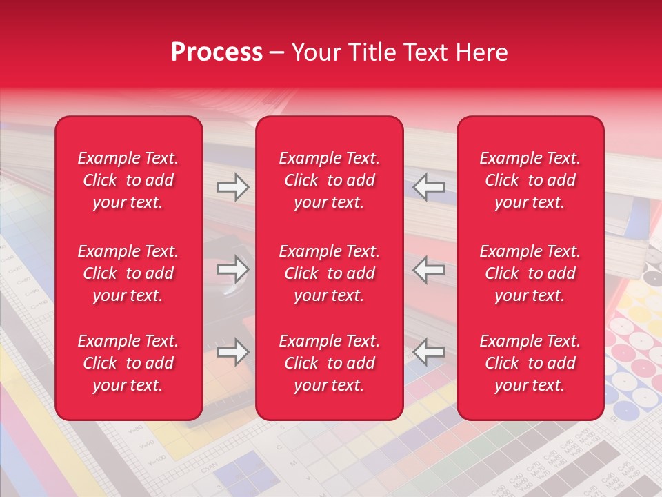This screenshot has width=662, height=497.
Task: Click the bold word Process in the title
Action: tap(217, 52)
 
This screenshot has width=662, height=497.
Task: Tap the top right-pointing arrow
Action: tap(232, 187)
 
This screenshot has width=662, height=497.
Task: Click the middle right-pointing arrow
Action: tap(232, 269)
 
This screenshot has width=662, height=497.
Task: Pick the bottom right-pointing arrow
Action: tap(232, 352)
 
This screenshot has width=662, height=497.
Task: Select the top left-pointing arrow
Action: tap(428, 187)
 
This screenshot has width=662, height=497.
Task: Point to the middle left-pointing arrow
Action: tap(428, 269)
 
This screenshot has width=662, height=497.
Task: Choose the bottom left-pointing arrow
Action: tap(428, 352)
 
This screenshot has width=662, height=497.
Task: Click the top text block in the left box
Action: tap(128, 180)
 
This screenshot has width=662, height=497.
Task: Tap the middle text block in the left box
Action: tap(128, 273)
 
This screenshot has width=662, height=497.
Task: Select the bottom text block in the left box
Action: tap(128, 363)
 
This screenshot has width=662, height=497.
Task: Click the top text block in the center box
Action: tap(329, 180)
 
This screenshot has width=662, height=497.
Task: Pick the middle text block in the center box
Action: tap(329, 273)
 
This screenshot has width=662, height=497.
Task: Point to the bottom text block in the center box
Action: tap(329, 363)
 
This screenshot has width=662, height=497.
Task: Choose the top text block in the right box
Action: tap(530, 180)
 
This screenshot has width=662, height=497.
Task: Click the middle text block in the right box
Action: tap(530, 273)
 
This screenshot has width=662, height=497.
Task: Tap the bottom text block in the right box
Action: tap(530, 363)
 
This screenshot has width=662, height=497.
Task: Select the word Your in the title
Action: tap(315, 52)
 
